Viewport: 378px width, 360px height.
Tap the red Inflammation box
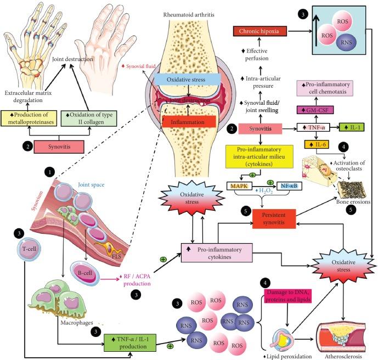[188, 121]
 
